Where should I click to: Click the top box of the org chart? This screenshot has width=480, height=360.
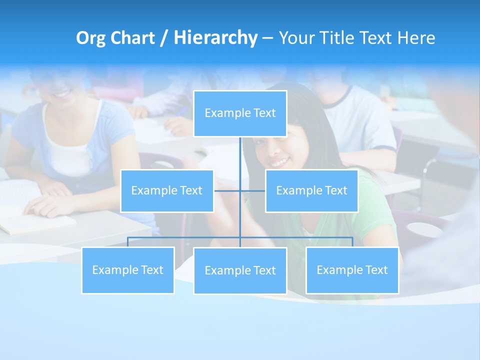pyautogui.click(x=240, y=113)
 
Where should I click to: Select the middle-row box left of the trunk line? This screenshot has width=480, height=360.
pyautogui.click(x=167, y=190)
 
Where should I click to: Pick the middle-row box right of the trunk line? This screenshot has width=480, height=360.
pyautogui.click(x=311, y=190)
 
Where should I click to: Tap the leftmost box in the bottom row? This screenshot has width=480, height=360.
pyautogui.click(x=128, y=270)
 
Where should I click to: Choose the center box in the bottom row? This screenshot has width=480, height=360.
pyautogui.click(x=240, y=270)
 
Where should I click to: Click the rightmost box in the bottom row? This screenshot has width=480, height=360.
pyautogui.click(x=352, y=270)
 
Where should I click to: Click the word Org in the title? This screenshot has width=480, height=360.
pyautogui.click(x=90, y=38)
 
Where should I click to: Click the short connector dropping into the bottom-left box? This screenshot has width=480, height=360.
pyautogui.click(x=128, y=242)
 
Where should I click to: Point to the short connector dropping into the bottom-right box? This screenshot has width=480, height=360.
pyautogui.click(x=352, y=242)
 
